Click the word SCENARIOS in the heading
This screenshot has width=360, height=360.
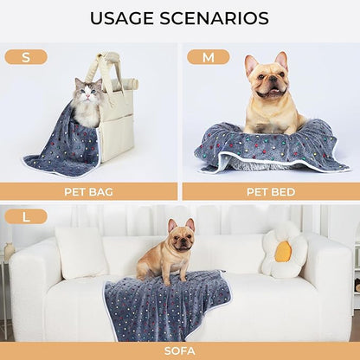coord(216,18)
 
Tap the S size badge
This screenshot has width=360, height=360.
coord(26,57)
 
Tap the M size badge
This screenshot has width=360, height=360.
coord(209,57)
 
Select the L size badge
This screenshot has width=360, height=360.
coord(26,216)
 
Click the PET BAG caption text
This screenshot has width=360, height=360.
coord(88,191)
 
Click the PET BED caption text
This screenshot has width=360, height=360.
coord(271,191)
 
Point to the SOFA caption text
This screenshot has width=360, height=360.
coord(179,350)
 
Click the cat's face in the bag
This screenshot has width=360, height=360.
coord(87,92)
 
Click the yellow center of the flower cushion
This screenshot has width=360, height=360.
coord(283,251)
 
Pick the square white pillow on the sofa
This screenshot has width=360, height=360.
coord(81,252)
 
